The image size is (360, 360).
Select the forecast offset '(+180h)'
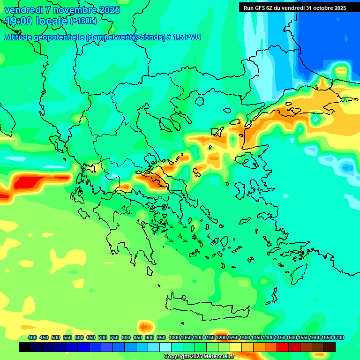pos(83,21)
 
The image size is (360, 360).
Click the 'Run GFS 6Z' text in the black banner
pos(258,7)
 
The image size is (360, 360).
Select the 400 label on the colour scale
pos(32,337)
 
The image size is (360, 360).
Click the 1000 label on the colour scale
pos(174,337)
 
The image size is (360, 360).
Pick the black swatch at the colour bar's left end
pos(25,347)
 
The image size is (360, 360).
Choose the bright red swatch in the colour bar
pos(283,347)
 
